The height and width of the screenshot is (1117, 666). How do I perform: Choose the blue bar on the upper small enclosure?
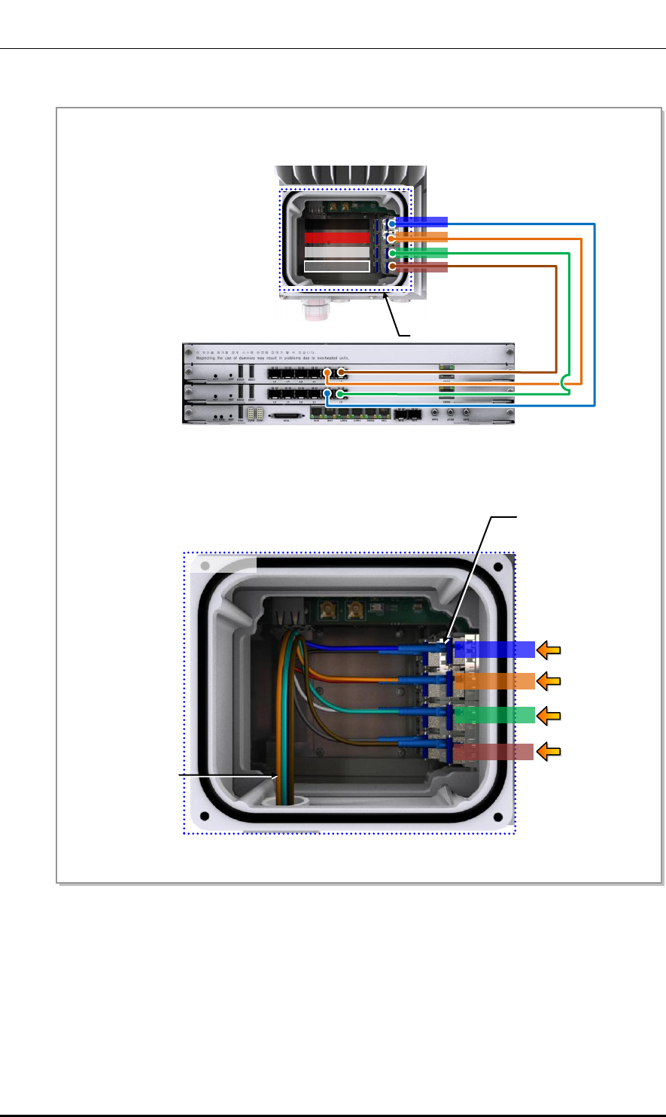[x=421, y=222]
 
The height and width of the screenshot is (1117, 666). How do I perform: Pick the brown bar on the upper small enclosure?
[x=421, y=267]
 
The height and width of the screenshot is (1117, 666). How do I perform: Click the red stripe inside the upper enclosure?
[x=336, y=238]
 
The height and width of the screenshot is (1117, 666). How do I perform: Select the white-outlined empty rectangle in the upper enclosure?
[x=336, y=266]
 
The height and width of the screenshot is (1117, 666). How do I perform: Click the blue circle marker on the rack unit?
[x=327, y=393]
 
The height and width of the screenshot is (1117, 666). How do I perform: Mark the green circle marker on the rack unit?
[x=341, y=393]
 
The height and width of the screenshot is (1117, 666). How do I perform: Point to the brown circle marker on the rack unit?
[x=341, y=373]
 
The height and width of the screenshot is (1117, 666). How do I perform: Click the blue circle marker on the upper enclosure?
[x=392, y=224]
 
